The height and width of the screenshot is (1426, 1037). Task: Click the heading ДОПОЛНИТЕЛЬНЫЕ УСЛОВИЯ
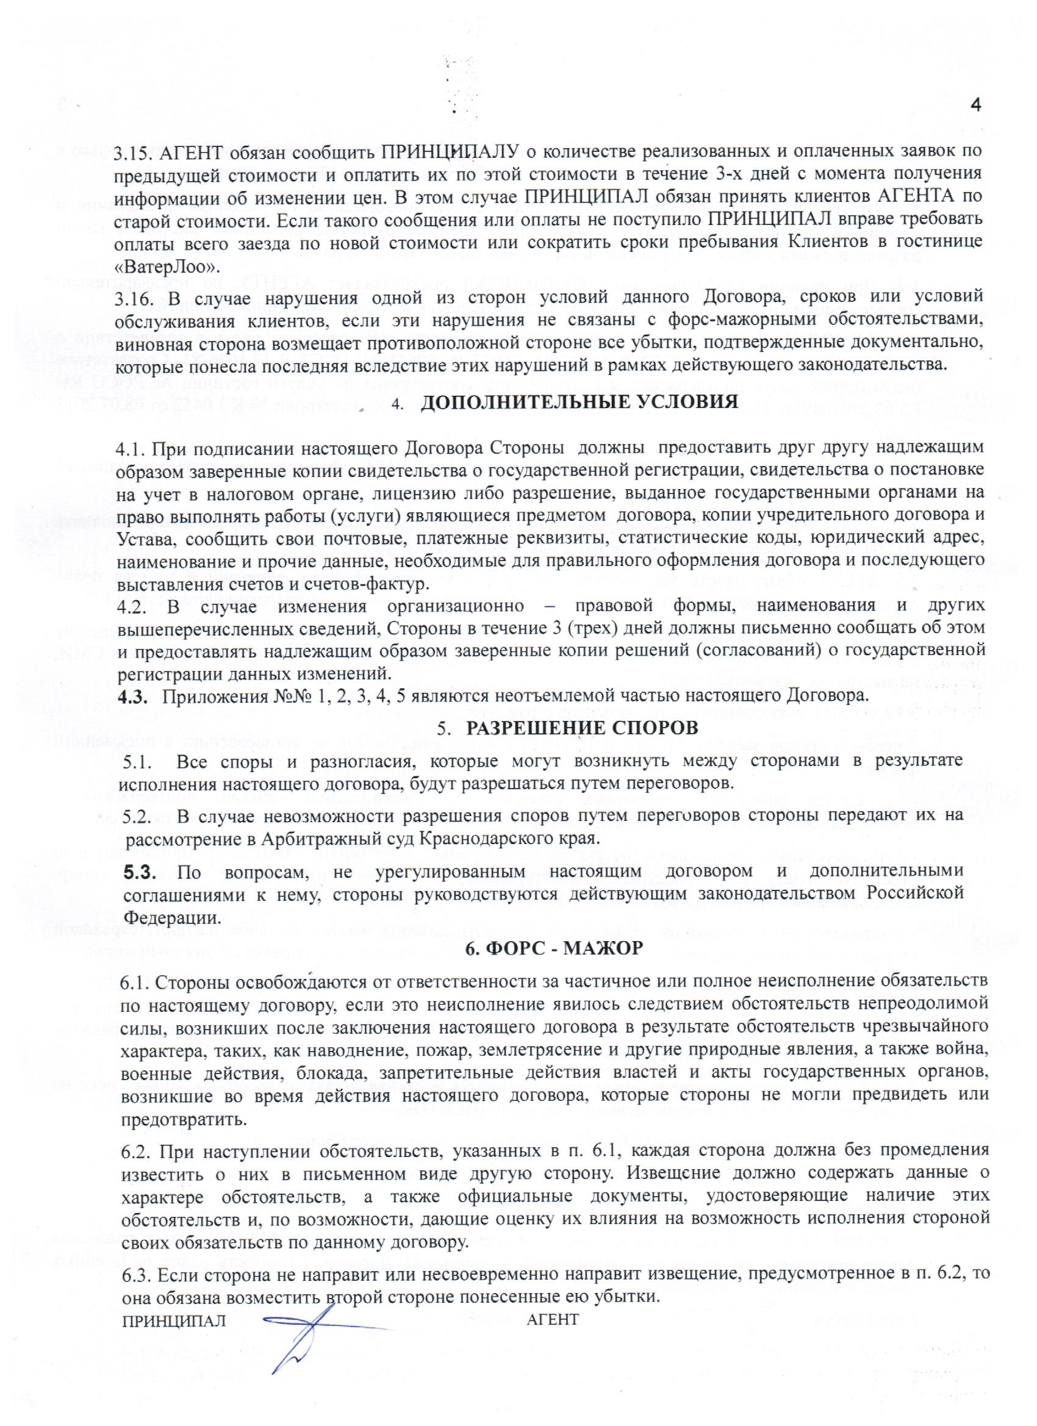click(x=578, y=402)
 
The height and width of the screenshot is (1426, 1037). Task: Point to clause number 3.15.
click(x=134, y=152)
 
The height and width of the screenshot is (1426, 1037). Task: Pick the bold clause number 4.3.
click(x=133, y=696)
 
